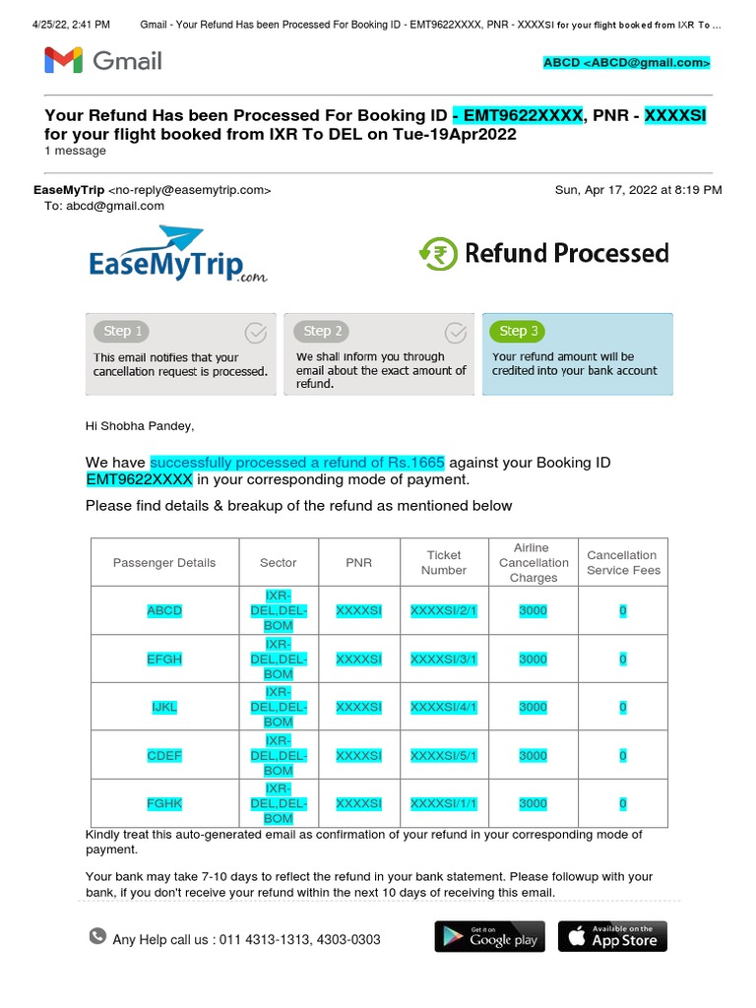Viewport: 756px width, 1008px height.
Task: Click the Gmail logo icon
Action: point(63,61)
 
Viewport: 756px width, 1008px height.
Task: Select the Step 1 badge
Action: point(124,331)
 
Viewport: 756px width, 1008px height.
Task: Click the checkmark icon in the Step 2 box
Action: point(456,331)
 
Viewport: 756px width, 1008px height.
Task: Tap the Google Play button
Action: point(489,936)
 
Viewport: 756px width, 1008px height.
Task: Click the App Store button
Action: point(612,936)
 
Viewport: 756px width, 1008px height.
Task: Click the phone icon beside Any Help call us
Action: point(97,936)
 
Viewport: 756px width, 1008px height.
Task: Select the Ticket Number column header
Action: point(444,563)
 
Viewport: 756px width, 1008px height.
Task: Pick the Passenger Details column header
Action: point(164,563)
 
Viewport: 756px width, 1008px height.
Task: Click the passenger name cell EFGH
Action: point(164,660)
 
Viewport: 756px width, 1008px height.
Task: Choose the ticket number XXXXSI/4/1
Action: point(444,707)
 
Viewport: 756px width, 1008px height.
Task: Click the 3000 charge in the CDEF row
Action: point(533,756)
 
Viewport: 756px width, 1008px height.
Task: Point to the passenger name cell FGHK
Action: point(164,803)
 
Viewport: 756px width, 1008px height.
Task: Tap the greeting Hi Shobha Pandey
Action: point(140,426)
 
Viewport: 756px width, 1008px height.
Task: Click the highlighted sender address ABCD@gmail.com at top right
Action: point(626,63)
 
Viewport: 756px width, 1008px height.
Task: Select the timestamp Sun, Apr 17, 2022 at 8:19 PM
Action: point(638,190)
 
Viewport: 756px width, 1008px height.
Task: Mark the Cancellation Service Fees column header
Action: point(622,563)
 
